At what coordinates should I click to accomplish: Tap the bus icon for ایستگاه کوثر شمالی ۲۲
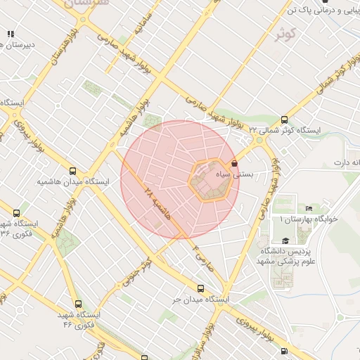[x=284, y=120]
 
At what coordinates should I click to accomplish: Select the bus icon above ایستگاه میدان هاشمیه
[x=73, y=171]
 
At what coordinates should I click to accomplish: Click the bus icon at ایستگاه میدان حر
[x=202, y=288]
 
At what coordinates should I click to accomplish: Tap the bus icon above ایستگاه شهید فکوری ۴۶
[x=78, y=304]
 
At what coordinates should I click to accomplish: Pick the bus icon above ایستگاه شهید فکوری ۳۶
[x=16, y=213]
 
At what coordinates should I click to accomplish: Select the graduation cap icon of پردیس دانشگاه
[x=285, y=241]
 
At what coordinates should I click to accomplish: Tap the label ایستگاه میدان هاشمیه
[x=74, y=182]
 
